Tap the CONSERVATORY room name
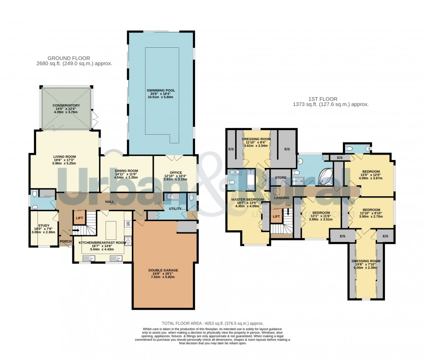coord(66,106)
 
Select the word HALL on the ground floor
coord(109,202)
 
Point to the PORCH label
coord(66,241)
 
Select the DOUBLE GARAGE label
coord(163,270)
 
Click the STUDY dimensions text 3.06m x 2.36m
coord(41,232)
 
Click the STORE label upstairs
coord(281,178)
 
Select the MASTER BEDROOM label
coord(247,200)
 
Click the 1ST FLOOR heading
coord(323,99)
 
